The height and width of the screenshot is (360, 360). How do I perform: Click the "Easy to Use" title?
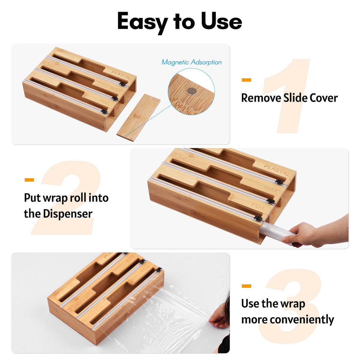pyautogui.click(x=179, y=22)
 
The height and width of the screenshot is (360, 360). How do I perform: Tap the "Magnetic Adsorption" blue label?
pyautogui.click(x=191, y=62)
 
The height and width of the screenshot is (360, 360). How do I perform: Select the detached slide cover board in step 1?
pyautogui.click(x=138, y=118)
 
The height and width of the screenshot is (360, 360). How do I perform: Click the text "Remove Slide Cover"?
pyautogui.click(x=289, y=98)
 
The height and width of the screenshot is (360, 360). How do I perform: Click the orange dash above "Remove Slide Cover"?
pyautogui.click(x=246, y=80)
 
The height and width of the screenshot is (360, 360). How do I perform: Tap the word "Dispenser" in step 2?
pyautogui.click(x=67, y=214)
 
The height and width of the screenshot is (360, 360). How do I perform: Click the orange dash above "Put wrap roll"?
pyautogui.click(x=29, y=180)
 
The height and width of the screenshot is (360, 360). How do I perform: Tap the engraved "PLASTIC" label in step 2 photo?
pyautogui.click(x=277, y=169)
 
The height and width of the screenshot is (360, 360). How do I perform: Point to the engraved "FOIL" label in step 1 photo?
pyautogui.click(x=105, y=103)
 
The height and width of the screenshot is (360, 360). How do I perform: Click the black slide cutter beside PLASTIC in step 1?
pyautogui.click(x=123, y=84)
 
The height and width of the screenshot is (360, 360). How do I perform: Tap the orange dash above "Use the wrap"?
pyautogui.click(x=246, y=286)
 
